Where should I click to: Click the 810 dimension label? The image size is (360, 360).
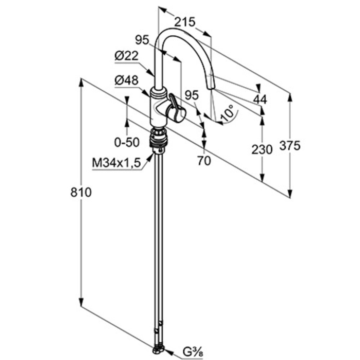tap(81, 192)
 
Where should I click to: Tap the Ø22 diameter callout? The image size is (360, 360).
tap(127, 56)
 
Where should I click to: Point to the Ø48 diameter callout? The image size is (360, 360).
tap(127, 80)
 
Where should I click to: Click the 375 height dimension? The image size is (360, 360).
tap(290, 145)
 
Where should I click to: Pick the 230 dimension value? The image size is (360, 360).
tap(262, 150)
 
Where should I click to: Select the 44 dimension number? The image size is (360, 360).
tap(260, 100)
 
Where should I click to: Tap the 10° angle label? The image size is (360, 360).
tap(227, 113)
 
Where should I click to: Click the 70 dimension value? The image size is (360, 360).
tap(204, 161)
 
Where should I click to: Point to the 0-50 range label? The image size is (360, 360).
tap(127, 142)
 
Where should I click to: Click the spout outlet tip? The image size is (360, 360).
tap(211, 88)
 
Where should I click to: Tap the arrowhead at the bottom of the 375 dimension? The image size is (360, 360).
tap(290, 193)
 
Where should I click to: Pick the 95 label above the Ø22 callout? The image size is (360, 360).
tap(142, 40)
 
